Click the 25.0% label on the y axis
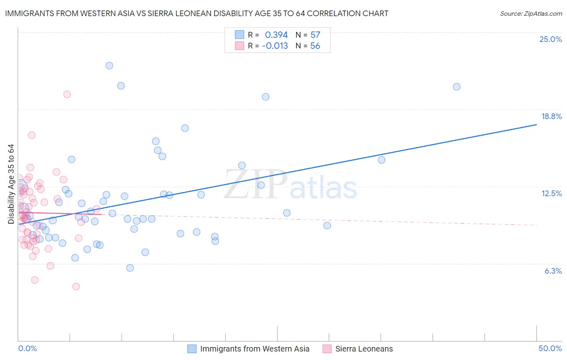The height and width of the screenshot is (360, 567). tap(550, 39)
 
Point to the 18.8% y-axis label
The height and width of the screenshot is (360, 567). tap(551, 116)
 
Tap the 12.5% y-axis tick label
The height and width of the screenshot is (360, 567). tap(551, 193)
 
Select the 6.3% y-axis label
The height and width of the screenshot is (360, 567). tap(553, 271)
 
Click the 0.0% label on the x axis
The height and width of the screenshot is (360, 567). tap(27, 348)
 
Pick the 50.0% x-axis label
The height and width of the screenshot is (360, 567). tap(550, 348)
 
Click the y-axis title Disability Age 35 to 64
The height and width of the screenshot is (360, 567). tap(11, 184)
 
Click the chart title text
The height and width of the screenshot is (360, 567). tap(197, 13)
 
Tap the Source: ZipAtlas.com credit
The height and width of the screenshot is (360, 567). tap(531, 13)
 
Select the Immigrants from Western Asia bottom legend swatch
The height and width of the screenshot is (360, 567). tap(192, 349)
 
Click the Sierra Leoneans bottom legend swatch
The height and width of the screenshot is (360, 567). tap(327, 349)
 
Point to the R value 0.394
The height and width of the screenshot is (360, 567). tap(276, 35)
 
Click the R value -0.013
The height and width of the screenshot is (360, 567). tap(275, 46)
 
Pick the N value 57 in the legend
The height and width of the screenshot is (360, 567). tap(315, 35)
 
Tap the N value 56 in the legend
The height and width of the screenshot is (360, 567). tap(315, 46)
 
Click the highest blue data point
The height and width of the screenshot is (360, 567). tap(109, 65)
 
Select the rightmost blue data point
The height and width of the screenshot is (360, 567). tap(457, 87)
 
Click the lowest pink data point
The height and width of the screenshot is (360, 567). tap(76, 287)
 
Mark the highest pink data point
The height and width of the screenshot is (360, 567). tap(67, 94)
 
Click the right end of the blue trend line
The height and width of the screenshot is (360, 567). tap(536, 125)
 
